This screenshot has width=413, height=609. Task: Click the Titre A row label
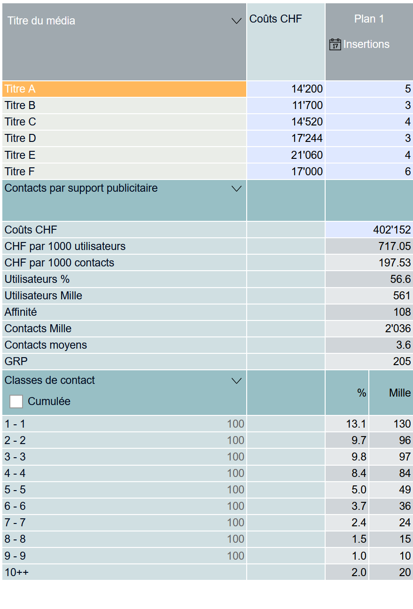20,89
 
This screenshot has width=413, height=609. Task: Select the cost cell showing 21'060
307,155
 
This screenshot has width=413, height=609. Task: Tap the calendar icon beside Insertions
335,45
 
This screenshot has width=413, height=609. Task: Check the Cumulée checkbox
16,401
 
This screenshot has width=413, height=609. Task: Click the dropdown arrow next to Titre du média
237,21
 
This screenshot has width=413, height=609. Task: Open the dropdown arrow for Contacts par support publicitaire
237,189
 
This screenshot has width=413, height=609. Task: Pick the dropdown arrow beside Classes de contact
237,381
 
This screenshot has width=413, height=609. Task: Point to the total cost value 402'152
392,230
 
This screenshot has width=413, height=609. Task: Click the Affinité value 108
402,312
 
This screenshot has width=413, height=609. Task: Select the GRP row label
16,361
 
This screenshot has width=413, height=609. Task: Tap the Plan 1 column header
369,19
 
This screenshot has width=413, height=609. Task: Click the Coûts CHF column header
276,19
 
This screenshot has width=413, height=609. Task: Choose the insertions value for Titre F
407,172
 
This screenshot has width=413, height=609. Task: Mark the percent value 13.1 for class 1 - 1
356,424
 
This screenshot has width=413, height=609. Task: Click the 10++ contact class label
16,572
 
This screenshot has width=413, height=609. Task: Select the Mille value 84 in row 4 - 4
405,473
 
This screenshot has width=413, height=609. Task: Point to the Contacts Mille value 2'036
397,328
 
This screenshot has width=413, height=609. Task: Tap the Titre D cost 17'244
307,138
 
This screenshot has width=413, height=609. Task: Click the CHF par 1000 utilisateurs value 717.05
394,246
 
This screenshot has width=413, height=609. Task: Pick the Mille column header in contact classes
400,393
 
